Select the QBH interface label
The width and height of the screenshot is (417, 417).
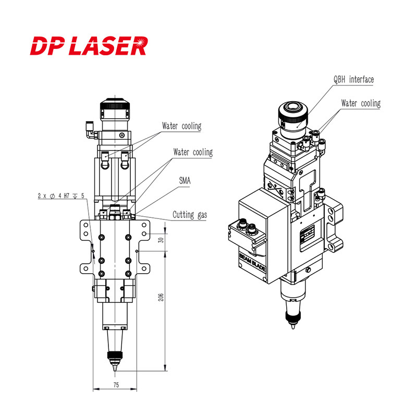point(353,80)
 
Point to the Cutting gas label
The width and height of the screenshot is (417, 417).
point(190,215)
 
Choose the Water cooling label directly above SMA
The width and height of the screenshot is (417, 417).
point(193,152)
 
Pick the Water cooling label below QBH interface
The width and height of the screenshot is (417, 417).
point(361,103)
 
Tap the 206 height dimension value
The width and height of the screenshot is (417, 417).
point(161,297)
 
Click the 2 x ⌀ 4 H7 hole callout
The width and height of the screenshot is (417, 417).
point(60,196)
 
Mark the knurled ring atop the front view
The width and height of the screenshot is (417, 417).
point(114,112)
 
